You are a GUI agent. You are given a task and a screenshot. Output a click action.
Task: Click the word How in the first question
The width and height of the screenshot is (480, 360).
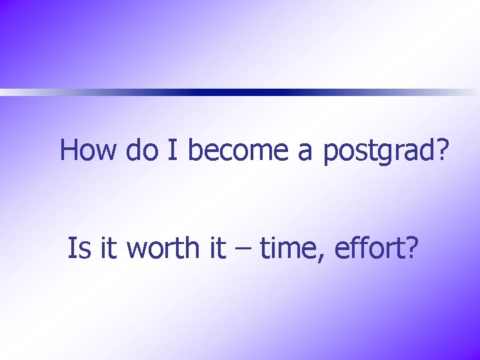(89, 150)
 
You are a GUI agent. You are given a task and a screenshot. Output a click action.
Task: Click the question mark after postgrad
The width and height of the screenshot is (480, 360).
(441, 150)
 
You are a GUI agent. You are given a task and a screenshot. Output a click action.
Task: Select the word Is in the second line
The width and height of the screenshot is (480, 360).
(78, 249)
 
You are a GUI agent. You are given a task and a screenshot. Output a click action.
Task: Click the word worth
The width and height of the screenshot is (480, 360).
(163, 249)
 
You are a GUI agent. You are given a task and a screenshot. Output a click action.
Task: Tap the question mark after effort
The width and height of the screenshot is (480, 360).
(412, 249)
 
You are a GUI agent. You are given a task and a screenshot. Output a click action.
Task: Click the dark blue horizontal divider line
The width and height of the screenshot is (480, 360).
(267, 93)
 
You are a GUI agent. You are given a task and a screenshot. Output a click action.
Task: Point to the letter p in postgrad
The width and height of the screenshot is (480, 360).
(331, 155)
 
